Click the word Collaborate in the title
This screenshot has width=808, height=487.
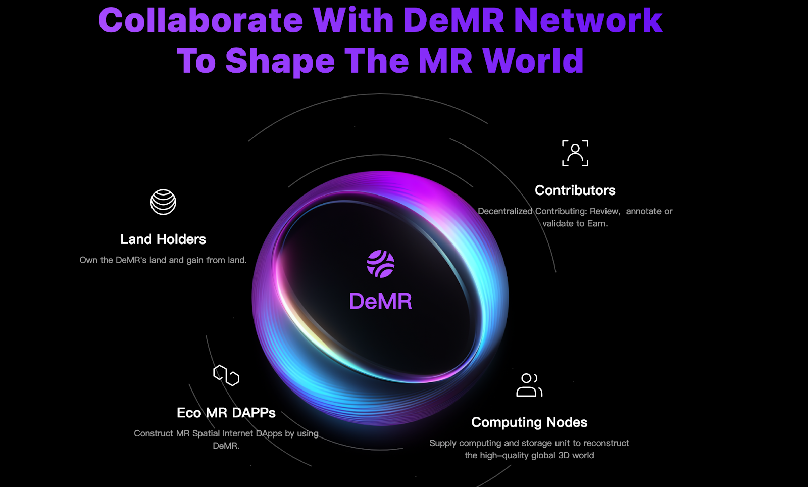pyautogui.click(x=200, y=21)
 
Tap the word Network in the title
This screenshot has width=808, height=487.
pyautogui.click(x=587, y=21)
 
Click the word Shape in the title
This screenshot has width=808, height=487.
pyautogui.click(x=280, y=61)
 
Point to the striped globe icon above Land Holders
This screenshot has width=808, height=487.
pyautogui.click(x=163, y=202)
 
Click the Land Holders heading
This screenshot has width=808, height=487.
pyautogui.click(x=163, y=239)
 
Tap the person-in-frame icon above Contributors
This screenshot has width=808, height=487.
pyautogui.click(x=575, y=153)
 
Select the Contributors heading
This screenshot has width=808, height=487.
pyautogui.click(x=575, y=190)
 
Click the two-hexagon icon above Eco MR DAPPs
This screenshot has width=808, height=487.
pyautogui.click(x=226, y=375)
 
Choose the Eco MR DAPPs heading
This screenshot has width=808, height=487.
pyautogui.click(x=226, y=413)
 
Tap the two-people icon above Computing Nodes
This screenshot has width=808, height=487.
pyautogui.click(x=529, y=385)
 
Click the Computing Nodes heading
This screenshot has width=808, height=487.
pyautogui.click(x=529, y=422)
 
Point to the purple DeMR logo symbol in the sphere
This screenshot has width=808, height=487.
pyautogui.click(x=380, y=264)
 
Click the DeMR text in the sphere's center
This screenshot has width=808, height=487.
pyautogui.click(x=380, y=302)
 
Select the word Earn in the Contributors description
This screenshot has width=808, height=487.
pyautogui.click(x=596, y=223)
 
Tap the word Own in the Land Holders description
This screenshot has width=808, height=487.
pyautogui.click(x=88, y=260)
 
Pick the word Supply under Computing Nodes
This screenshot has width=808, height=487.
pyautogui.click(x=443, y=443)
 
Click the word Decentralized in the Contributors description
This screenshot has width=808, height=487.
pyautogui.click(x=505, y=211)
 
